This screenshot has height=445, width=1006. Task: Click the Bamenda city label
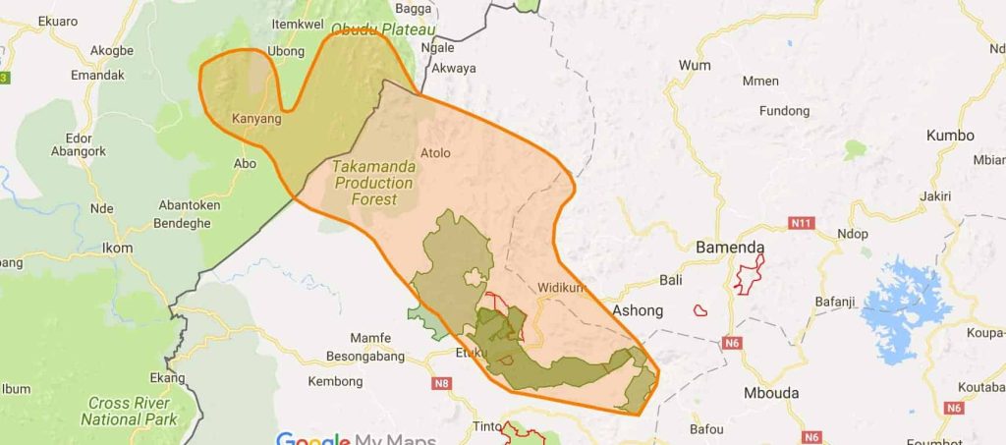point(730,248)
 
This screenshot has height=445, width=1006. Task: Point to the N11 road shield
point(802,224)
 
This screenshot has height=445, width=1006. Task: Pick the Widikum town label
point(561,288)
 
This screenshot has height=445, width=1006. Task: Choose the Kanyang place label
point(256,119)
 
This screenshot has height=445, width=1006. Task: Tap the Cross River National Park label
point(128,411)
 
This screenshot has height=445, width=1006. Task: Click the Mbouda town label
point(771,393)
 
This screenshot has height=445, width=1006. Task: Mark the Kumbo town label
point(950,136)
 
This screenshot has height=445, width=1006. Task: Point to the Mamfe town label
point(370,339)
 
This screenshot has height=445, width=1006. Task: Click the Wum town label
point(694,65)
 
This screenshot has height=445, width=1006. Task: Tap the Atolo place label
point(435,153)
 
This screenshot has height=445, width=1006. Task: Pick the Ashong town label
point(637,310)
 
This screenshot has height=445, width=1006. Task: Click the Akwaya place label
point(454,69)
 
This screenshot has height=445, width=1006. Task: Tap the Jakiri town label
point(935,196)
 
